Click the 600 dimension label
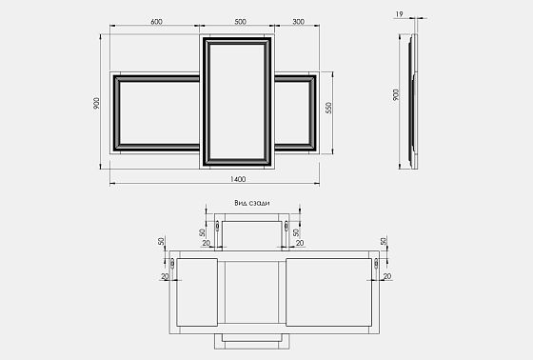156,22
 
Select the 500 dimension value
240,22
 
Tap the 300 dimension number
299,22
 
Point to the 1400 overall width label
238,179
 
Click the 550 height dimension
328,108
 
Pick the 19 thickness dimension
399,14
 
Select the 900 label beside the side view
396,94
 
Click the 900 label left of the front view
96,103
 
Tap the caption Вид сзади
252,203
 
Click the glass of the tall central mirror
237,101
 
